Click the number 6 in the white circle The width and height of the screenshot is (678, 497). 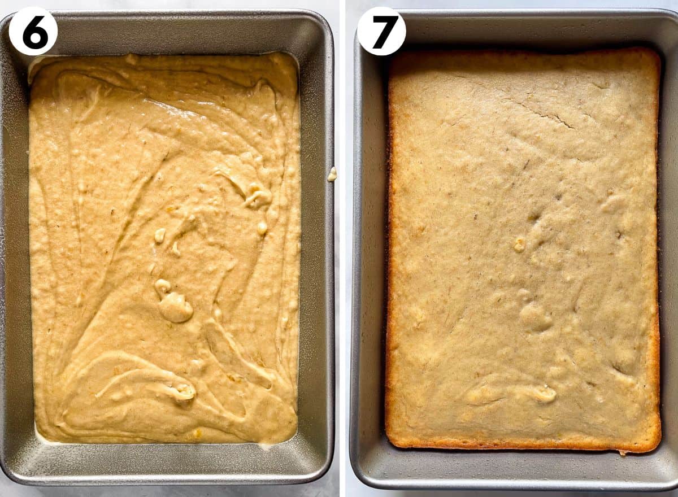tap(33, 32)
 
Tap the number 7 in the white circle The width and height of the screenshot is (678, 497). tap(381, 32)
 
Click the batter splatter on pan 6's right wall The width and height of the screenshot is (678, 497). tap(332, 174)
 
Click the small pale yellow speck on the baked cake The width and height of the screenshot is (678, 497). tap(519, 244)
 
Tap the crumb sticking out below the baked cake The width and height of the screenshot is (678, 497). tap(623, 451)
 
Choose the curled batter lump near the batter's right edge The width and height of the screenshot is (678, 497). tap(258, 197)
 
